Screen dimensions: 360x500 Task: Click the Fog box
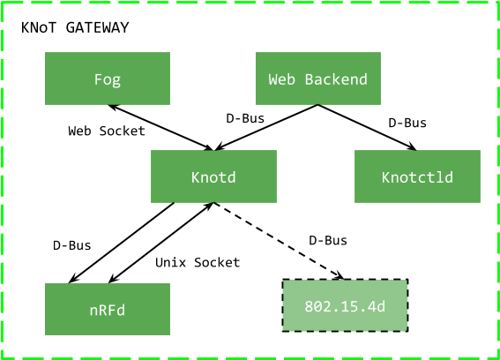[x=108, y=79]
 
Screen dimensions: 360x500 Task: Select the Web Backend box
[x=317, y=79]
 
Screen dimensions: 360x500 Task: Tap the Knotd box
[x=213, y=176]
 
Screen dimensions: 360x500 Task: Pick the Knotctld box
[x=417, y=176]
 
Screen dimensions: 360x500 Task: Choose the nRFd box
[x=108, y=310]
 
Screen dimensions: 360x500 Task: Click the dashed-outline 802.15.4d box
[x=345, y=306]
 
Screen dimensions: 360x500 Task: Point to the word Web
[x=281, y=79]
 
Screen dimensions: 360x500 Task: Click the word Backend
[x=336, y=79]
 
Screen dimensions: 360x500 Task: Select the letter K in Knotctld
[x=386, y=177]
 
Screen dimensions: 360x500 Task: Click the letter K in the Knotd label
[x=196, y=177]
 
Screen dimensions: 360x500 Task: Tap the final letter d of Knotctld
[x=449, y=177]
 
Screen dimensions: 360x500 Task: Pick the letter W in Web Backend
[x=273, y=79]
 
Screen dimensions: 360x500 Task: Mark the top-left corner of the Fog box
[x=46, y=53]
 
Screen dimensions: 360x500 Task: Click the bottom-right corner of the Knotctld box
[x=480, y=202]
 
